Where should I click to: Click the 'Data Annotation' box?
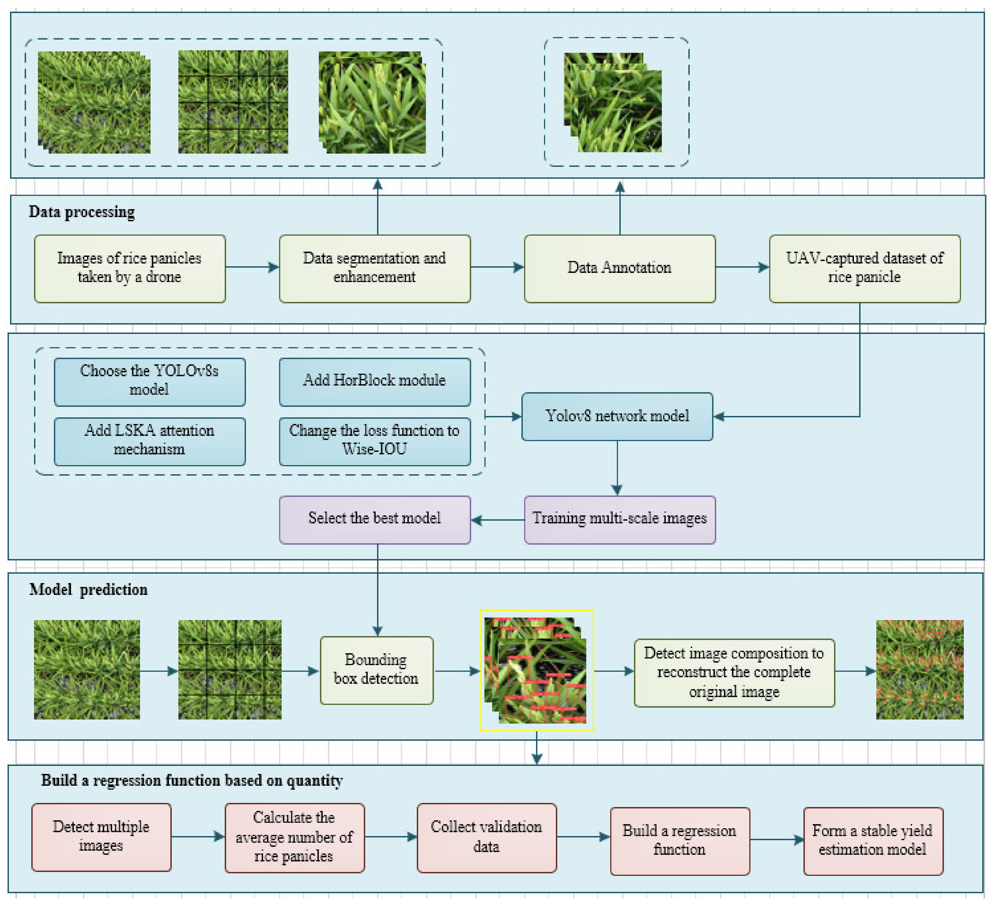tap(620, 269)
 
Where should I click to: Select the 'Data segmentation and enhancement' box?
tap(375, 269)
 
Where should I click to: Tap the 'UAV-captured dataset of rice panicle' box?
tap(864, 269)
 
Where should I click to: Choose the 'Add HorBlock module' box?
tap(375, 382)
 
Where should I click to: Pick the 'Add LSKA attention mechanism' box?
tap(150, 442)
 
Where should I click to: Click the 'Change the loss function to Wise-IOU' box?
tap(375, 442)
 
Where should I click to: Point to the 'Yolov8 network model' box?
tap(617, 416)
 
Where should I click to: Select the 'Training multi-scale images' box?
tap(620, 520)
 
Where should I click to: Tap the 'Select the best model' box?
tap(375, 520)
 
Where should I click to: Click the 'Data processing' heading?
tap(82, 212)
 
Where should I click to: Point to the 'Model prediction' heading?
tap(89, 589)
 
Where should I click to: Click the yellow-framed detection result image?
tap(537, 670)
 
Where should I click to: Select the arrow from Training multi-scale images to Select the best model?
tap(497, 520)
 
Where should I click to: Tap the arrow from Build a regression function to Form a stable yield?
tap(777, 840)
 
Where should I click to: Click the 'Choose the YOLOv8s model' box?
tap(150, 382)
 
